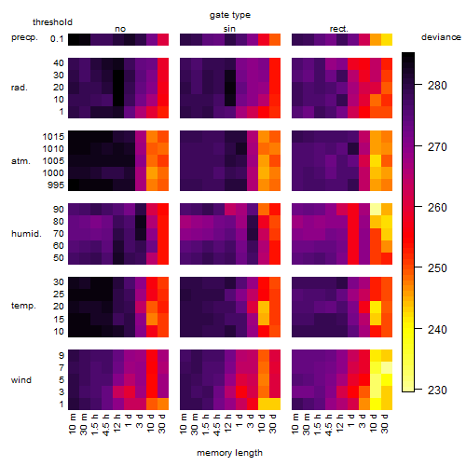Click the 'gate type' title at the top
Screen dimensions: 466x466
(x=230, y=15)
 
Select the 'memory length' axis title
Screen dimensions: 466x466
(x=229, y=453)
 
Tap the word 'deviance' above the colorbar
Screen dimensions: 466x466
(x=441, y=37)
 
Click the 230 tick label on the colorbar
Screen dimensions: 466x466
(x=437, y=390)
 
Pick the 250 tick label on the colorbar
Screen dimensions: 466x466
(x=437, y=267)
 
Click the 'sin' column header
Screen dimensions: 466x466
(x=229, y=29)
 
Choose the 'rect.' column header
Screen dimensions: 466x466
(x=338, y=29)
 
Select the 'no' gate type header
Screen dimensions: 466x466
(x=120, y=29)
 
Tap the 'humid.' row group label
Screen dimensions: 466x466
(x=26, y=234)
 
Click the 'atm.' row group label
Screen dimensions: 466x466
(x=21, y=161)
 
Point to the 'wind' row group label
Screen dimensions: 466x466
(x=21, y=379)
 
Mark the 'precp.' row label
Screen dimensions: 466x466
(x=24, y=37)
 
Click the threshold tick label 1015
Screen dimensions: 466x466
(x=53, y=136)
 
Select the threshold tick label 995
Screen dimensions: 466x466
(x=56, y=185)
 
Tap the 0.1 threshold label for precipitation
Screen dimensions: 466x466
(x=57, y=39)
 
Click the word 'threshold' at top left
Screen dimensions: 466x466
(x=52, y=22)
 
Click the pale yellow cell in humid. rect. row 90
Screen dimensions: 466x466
(x=376, y=210)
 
